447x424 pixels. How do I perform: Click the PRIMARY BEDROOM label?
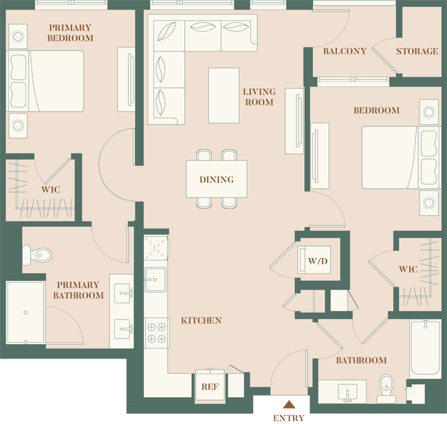click(69, 33)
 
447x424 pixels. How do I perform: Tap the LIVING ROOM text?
click(259, 97)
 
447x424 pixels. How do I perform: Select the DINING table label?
click(216, 180)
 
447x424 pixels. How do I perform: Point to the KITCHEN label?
click(201, 321)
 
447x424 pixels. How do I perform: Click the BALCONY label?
click(344, 52)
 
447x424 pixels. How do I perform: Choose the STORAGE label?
click(417, 52)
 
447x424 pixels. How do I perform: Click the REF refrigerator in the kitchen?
click(209, 386)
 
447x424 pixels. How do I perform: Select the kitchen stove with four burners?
click(156, 332)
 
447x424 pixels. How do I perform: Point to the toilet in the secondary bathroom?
click(386, 388)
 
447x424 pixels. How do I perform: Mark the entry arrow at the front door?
click(290, 405)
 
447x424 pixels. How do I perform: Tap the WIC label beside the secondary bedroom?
click(408, 269)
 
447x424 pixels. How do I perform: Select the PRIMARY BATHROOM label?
click(80, 290)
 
